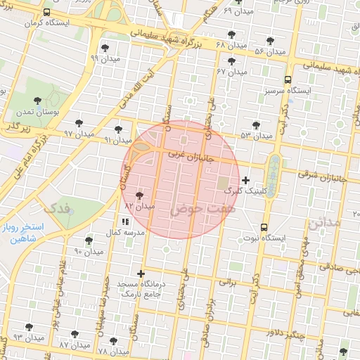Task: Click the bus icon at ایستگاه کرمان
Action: pos(47,13)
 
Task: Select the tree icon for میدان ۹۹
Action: pos(105,48)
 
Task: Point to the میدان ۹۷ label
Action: pos(78,134)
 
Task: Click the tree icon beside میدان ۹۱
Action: pos(118,129)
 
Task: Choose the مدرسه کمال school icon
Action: pos(124,221)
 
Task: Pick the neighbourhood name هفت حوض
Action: pos(193,210)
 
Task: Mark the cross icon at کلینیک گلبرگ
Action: pos(245,181)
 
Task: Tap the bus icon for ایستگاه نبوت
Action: pos(264,227)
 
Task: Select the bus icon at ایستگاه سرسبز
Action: pos(288,79)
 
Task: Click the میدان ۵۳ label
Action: pos(256,135)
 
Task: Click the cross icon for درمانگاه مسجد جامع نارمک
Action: pos(141,274)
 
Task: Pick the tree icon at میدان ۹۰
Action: pos(88,240)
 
